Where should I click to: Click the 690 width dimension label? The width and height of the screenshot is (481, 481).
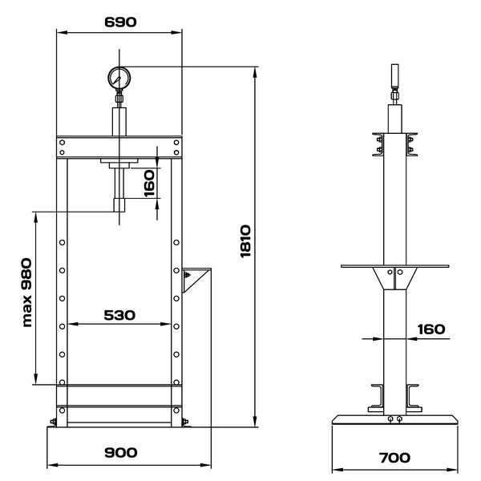pos(120,22)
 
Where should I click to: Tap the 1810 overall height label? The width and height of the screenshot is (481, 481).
pos(245,241)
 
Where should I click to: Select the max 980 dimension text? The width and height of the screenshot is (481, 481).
pos(27,293)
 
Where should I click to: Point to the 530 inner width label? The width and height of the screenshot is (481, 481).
pos(119,315)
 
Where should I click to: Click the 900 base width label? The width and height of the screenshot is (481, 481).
pos(120,452)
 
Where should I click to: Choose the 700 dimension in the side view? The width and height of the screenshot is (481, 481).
pos(394,458)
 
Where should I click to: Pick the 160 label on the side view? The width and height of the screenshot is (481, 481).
pos(431,329)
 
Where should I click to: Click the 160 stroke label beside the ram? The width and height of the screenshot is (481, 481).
pos(149,184)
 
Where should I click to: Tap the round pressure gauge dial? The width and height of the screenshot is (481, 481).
pos(119,78)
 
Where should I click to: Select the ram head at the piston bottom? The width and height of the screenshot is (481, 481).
pos(119,205)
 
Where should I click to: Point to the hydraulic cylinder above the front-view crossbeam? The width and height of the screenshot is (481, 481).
pos(119,122)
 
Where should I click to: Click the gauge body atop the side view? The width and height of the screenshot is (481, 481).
pos(394,75)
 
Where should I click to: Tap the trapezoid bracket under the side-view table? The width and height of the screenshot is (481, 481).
pos(394,278)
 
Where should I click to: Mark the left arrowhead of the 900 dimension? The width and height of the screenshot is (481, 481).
pos(51,465)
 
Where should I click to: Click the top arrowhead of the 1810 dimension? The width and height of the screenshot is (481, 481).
pos(255,72)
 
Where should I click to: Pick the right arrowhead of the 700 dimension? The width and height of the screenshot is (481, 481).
pos(452,470)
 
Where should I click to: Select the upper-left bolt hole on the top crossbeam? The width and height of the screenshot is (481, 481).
pos(62,143)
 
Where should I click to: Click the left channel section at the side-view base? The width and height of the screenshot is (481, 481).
pos(376,398)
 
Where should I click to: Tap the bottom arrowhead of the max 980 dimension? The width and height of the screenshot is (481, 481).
pos(36,379)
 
